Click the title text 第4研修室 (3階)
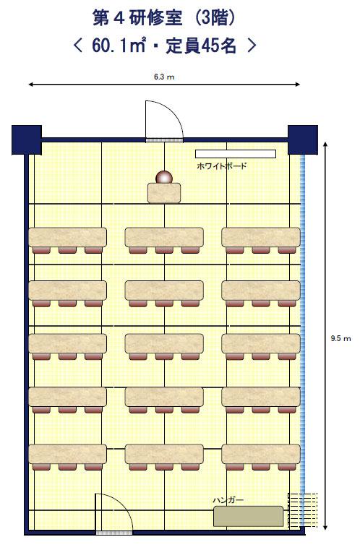163,17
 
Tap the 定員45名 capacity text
201,46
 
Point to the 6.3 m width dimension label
164,77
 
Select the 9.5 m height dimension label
340,338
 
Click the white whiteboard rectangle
236,154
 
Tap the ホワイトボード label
222,166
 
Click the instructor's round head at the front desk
164,178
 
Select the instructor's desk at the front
164,193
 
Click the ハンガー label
228,500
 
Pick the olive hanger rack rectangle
249,516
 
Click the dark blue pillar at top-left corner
27,139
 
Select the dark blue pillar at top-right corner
303,139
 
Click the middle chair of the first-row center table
164,250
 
